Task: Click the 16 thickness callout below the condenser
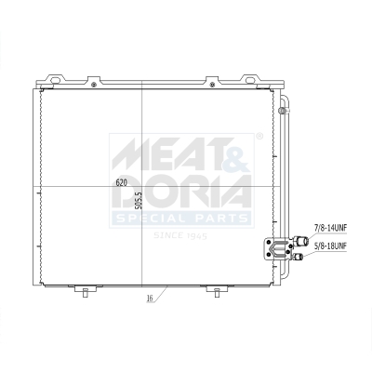tap(150, 299)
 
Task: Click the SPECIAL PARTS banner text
tap(181, 219)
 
